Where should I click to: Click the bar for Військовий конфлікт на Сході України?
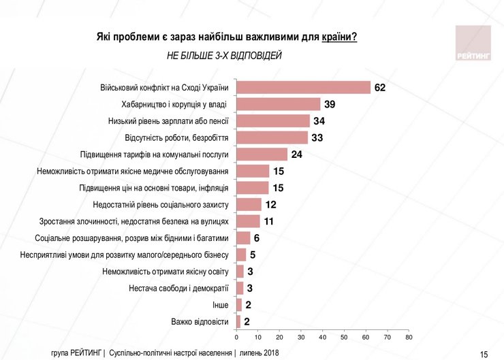[303, 87]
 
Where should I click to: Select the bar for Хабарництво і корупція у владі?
[278, 104]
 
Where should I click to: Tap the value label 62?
[380, 88]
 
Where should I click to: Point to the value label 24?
[298, 154]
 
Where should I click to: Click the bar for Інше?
[238, 304]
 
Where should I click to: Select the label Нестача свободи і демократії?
[178, 288]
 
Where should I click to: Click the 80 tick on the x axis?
[409, 336]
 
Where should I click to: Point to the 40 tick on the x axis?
[323, 336]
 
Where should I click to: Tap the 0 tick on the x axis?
[236, 336]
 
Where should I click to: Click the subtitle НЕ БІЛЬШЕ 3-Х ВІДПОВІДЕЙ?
[224, 56]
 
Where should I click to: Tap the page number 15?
[484, 354]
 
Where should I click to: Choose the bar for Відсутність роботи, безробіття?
[272, 137]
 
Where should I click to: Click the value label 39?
[330, 104]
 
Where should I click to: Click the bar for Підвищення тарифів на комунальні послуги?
[262, 154]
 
